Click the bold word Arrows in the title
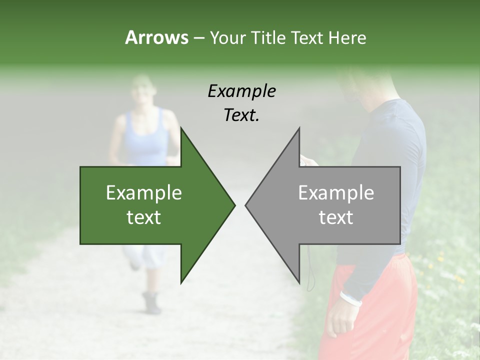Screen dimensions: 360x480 pyautogui.click(x=156, y=37)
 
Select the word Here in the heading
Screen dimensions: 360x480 pyautogui.click(x=347, y=37)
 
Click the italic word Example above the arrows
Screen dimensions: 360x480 pyautogui.click(x=241, y=91)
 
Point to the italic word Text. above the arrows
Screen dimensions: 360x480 pyautogui.click(x=241, y=115)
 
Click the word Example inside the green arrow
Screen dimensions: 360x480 pyautogui.click(x=144, y=193)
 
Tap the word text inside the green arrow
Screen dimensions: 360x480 pyautogui.click(x=144, y=217)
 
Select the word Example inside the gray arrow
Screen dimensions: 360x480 pyautogui.click(x=336, y=193)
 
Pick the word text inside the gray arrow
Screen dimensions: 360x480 pyautogui.click(x=336, y=217)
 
